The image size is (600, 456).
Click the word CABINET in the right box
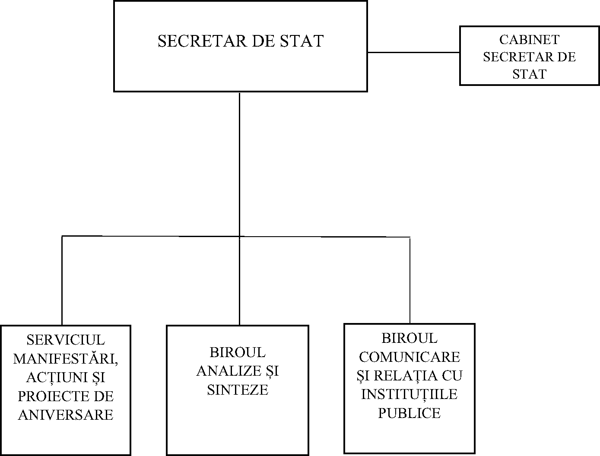(x=529, y=40)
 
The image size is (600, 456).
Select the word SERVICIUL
(x=66, y=340)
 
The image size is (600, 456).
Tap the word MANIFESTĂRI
(x=66, y=359)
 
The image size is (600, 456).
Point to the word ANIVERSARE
(x=66, y=415)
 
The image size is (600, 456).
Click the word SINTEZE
(x=238, y=389)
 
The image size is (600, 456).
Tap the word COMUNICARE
(x=410, y=357)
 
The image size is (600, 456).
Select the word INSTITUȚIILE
(x=410, y=394)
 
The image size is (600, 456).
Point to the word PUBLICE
(x=410, y=413)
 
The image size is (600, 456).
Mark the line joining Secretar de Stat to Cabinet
(x=413, y=52)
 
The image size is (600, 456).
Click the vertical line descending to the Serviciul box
(x=62, y=281)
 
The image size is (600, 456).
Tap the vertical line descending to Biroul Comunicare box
(x=410, y=281)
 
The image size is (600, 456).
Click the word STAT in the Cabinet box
(x=529, y=74)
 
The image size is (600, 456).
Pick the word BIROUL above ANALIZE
(x=238, y=352)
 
